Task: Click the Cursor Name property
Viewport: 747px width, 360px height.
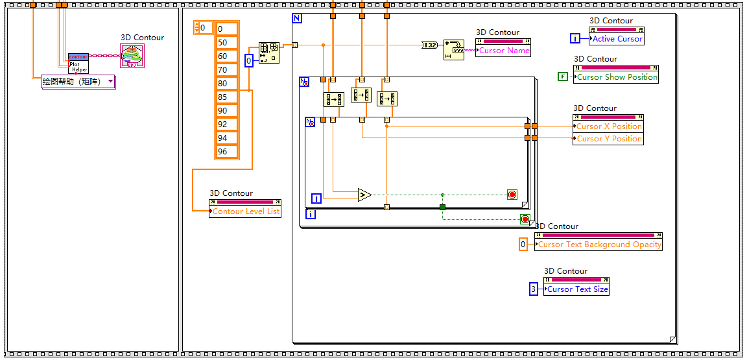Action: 504,51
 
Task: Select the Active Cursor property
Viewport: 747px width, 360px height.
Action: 617,39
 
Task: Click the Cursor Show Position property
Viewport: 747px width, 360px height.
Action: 617,77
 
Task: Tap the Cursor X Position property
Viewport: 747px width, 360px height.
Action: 609,126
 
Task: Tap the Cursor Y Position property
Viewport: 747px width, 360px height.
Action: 609,139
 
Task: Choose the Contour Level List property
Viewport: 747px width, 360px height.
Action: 246,211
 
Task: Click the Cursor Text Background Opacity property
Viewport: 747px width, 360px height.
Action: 599,245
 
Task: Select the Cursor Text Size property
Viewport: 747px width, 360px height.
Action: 577,289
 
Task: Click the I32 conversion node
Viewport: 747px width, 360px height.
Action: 430,45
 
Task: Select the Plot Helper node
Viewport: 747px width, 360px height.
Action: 78,63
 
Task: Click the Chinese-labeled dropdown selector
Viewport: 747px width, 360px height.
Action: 78,82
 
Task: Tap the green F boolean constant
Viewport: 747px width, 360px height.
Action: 563,77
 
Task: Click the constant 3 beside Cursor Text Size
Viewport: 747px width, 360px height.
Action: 534,289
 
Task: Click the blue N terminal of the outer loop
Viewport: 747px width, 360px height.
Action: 297,18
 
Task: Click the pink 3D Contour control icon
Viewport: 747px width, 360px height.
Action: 133,56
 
